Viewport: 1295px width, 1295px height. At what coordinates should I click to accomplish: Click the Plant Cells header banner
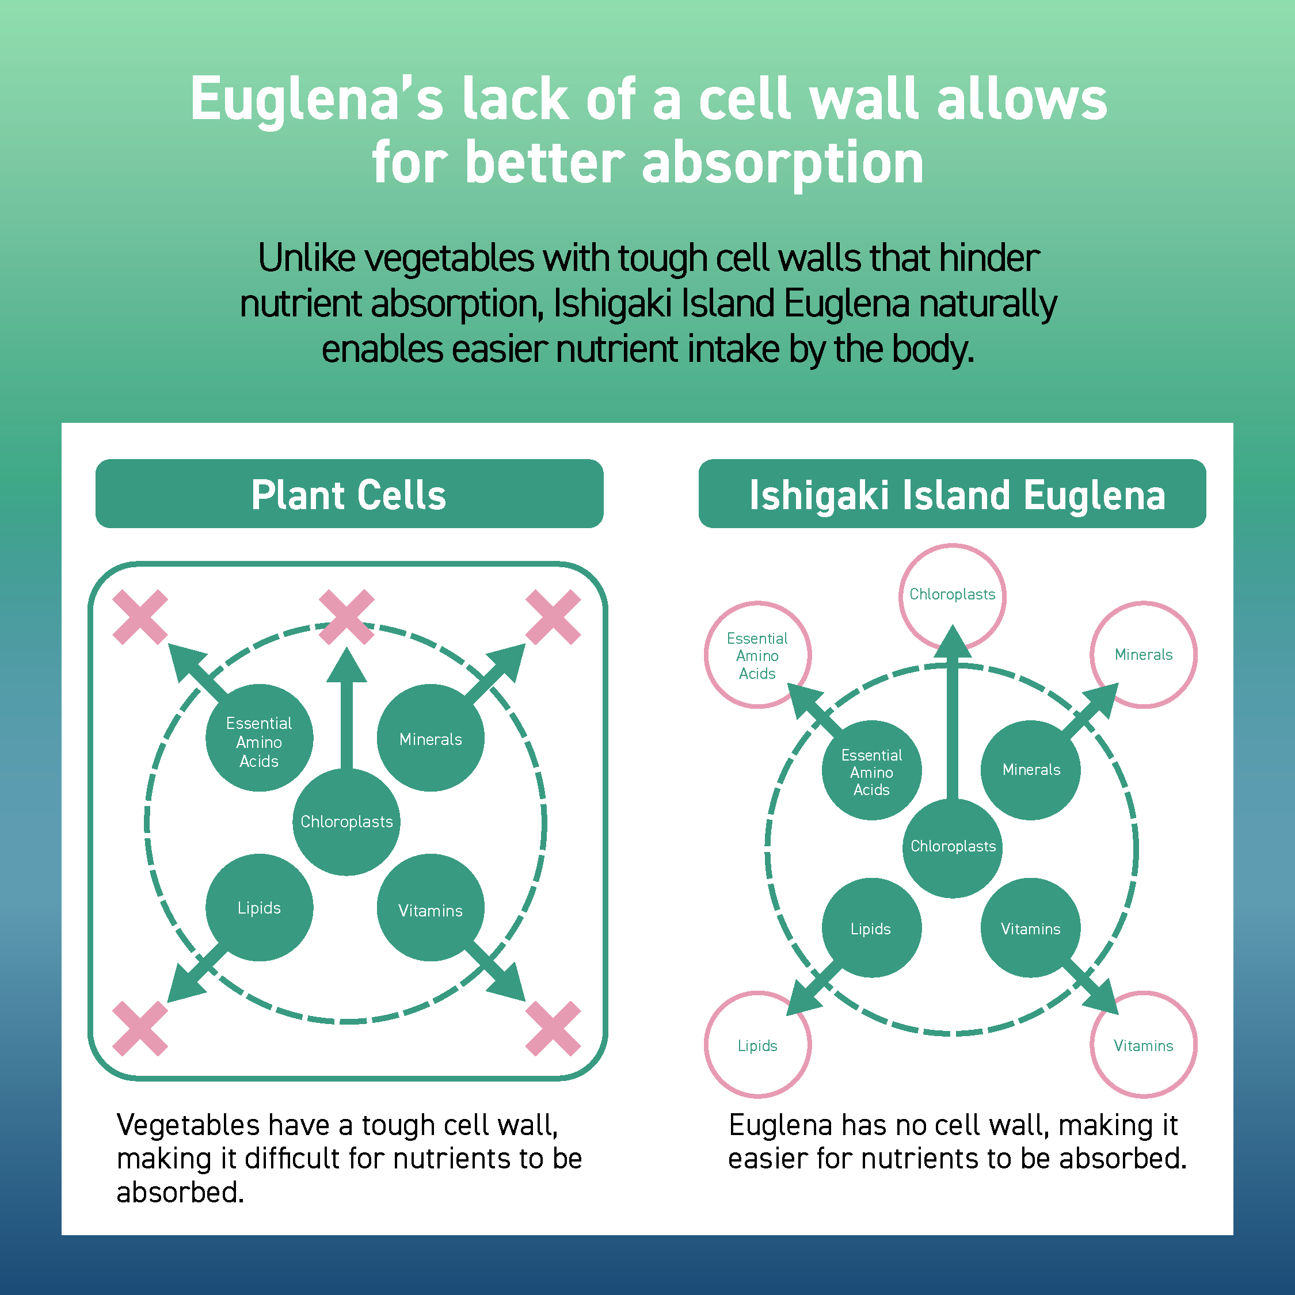(349, 494)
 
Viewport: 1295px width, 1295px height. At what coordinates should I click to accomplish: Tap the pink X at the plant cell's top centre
(346, 617)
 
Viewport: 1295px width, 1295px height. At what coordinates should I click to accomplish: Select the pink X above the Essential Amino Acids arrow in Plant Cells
(139, 617)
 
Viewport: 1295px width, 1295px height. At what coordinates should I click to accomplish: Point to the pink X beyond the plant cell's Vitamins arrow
(553, 1028)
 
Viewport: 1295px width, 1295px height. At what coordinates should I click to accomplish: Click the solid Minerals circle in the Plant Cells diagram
(431, 738)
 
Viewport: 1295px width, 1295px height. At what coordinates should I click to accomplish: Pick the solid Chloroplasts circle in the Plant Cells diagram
(346, 822)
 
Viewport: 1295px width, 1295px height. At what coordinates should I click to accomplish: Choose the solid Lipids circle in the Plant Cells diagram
(259, 908)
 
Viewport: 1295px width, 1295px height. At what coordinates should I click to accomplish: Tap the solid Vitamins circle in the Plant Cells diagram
(431, 908)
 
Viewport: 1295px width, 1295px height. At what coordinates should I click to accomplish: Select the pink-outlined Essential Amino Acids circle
(757, 655)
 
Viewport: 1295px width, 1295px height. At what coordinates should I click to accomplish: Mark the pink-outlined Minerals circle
(1144, 654)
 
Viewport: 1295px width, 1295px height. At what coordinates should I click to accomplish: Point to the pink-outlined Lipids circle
(757, 1045)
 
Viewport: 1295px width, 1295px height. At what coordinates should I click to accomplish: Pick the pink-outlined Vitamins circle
(1144, 1045)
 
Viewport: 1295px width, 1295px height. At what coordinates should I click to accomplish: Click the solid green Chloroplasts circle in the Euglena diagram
(953, 847)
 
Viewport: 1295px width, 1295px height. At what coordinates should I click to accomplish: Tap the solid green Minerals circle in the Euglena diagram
(1031, 770)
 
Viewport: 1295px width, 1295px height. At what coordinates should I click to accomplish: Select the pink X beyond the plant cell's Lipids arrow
(139, 1028)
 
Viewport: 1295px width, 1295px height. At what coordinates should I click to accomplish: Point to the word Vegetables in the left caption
(188, 1125)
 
